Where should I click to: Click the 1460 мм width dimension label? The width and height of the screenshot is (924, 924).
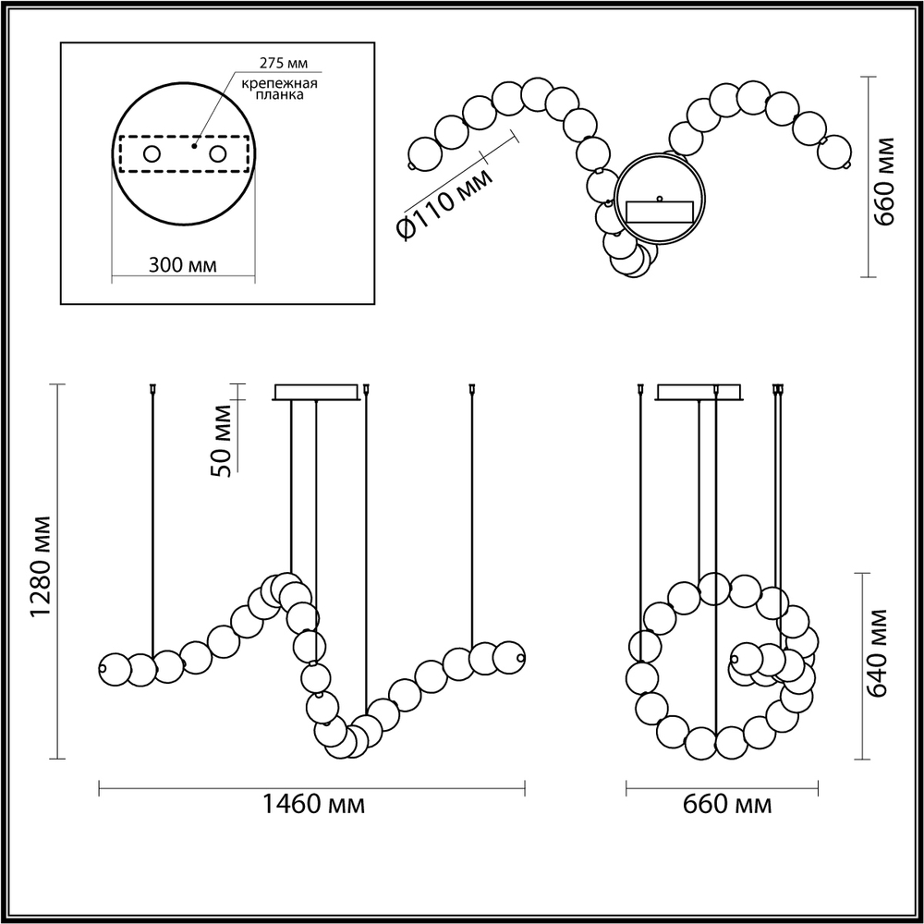click(311, 805)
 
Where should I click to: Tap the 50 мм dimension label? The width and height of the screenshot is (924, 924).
click(221, 440)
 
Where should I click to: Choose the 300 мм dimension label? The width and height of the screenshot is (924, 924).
click(183, 265)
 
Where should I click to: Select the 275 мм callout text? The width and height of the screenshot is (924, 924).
click(280, 64)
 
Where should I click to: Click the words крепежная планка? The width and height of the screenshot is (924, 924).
click(280, 91)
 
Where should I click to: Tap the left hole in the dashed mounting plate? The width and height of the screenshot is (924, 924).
click(150, 153)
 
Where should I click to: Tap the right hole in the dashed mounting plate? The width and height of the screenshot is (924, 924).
click(218, 153)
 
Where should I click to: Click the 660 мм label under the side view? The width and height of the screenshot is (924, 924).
click(726, 805)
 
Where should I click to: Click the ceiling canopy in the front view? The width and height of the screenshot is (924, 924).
click(315, 393)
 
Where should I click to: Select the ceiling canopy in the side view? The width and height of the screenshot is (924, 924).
click(700, 393)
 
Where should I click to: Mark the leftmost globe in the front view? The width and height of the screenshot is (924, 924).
click(114, 667)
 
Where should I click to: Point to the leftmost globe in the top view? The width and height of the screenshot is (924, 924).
click(424, 153)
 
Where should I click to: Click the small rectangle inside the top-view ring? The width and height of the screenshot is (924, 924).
click(660, 212)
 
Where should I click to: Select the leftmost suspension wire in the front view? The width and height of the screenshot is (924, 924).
click(152, 517)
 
